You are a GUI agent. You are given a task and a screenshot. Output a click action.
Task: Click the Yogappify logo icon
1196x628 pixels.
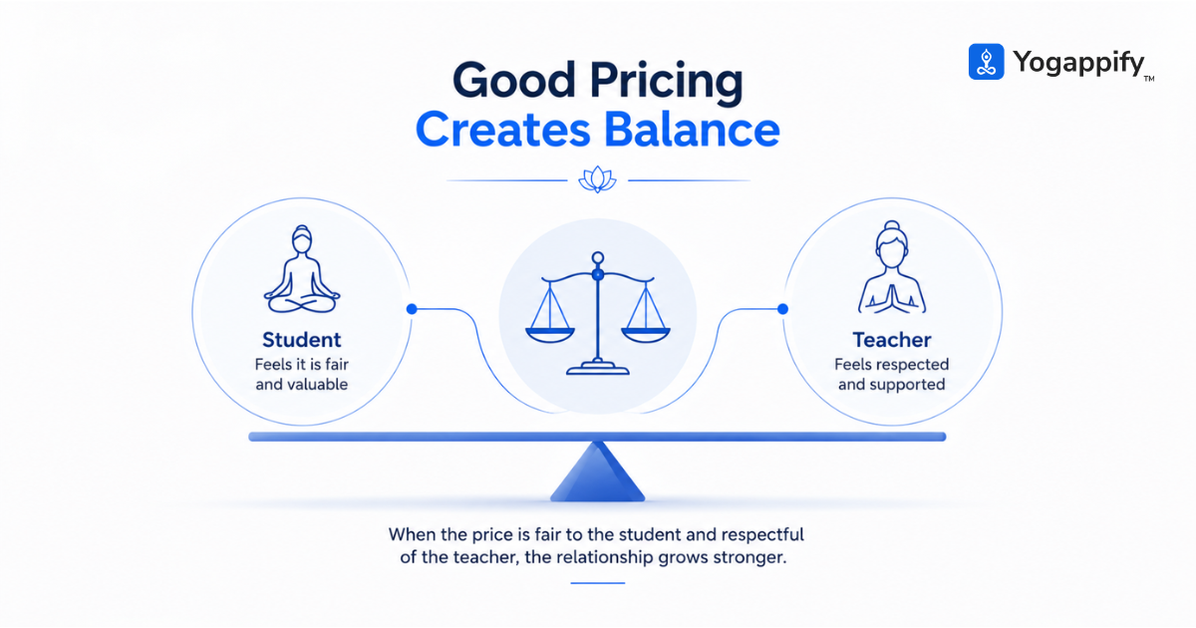tap(986, 62)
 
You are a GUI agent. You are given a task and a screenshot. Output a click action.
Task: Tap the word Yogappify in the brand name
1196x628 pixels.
tap(1078, 63)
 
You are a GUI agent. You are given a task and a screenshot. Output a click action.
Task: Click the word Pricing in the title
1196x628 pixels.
tap(667, 81)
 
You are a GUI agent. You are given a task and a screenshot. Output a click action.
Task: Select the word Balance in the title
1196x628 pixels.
tap(692, 130)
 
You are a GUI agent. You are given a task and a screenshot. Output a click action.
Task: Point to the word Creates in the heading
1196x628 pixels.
tap(503, 130)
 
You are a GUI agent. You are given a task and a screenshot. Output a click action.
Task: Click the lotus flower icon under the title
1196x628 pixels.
tap(597, 179)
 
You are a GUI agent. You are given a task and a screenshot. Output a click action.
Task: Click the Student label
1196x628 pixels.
tap(302, 340)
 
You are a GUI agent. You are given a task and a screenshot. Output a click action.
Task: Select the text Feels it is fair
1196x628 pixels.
tap(302, 364)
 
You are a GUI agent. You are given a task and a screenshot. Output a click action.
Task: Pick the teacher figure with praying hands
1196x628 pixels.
tap(892, 267)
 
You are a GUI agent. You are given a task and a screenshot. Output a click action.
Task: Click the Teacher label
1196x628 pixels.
tap(892, 340)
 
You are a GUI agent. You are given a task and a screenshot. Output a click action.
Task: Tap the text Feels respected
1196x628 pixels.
tap(892, 365)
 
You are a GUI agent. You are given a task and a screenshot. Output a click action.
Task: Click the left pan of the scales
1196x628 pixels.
tap(550, 335)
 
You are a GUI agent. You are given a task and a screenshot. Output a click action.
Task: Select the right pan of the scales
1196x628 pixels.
tap(646, 335)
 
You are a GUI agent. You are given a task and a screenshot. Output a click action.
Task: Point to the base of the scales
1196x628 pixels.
tap(598, 368)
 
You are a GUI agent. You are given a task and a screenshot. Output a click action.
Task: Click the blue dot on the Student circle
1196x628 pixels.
tap(412, 309)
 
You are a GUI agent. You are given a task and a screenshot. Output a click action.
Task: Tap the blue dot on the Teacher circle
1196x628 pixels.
tap(782, 309)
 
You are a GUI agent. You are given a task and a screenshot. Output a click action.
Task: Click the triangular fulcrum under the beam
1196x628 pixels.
tap(597, 472)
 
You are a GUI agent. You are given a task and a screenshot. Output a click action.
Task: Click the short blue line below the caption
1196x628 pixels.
tap(597, 583)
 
